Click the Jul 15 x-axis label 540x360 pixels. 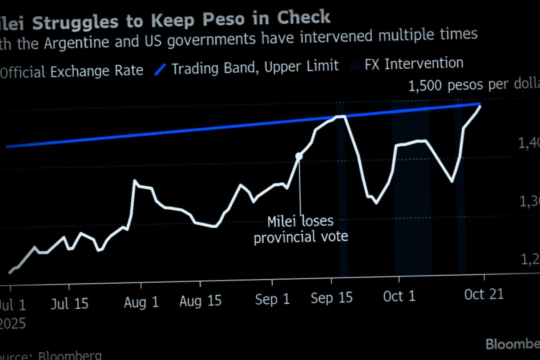[69, 304]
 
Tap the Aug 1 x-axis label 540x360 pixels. [141, 302]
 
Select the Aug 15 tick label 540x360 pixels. [200, 301]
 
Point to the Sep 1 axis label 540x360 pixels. [272, 299]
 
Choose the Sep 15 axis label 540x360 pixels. [332, 297]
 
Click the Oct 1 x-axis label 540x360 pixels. [400, 296]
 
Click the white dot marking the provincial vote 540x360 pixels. [299, 156]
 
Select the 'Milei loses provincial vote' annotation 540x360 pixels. [301, 229]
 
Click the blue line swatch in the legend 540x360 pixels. [161, 69]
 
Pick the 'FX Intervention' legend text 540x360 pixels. [414, 63]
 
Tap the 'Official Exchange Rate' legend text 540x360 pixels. [72, 71]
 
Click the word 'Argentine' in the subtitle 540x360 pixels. [84, 41]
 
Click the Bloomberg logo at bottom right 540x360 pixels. [513, 344]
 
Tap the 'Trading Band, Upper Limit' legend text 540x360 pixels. [255, 67]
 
